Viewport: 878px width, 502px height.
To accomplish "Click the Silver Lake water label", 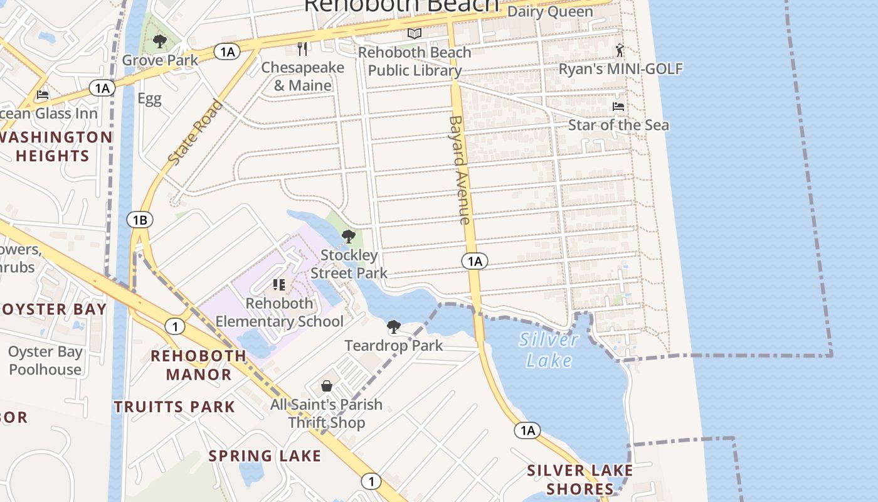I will [549, 350].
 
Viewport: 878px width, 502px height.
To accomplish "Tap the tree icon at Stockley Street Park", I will [349, 237].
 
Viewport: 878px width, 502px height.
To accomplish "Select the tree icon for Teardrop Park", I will [393, 326].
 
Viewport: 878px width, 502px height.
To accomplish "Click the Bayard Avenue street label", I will [460, 169].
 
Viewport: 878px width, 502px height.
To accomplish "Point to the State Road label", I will [196, 132].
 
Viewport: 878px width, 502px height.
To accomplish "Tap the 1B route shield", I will [139, 220].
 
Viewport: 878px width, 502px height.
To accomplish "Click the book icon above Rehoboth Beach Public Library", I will [414, 33].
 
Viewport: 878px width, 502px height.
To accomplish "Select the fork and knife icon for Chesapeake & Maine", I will [303, 48].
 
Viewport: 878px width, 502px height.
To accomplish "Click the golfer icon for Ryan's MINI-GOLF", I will [620, 50].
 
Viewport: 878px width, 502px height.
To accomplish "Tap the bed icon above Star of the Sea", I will [618, 107].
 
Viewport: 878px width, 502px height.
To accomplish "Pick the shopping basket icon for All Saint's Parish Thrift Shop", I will [326, 385].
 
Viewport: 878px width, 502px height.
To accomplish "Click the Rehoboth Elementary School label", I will [280, 312].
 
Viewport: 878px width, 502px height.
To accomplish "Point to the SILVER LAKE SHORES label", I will [579, 479].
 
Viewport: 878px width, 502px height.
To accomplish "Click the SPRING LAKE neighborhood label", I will [265, 456].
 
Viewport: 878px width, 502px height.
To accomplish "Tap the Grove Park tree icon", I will [160, 42].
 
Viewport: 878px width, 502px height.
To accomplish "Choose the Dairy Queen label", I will [549, 11].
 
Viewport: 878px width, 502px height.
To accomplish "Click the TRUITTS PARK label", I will [174, 407].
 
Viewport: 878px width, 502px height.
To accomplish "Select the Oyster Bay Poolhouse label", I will [45, 360].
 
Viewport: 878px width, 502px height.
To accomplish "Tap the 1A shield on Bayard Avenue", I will [475, 261].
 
